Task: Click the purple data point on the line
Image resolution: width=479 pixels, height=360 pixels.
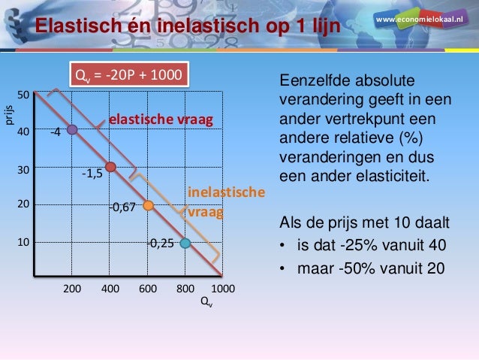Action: [72, 129]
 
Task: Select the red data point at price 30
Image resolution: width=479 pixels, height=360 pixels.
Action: [110, 167]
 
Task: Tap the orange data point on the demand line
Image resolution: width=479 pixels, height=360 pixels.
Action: [148, 205]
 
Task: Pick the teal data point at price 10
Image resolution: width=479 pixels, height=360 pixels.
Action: [185, 243]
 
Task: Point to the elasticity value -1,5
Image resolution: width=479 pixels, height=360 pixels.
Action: [92, 174]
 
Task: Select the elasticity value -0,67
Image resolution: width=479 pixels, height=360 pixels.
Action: [122, 207]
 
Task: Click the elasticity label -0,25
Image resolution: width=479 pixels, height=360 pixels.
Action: [161, 244]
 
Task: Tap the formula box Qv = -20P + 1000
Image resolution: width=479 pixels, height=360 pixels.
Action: [126, 75]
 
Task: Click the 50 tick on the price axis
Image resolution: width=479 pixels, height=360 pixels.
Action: [24, 95]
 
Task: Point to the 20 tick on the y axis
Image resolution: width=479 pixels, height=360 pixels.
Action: [24, 204]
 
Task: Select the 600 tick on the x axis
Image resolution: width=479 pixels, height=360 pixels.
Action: [147, 289]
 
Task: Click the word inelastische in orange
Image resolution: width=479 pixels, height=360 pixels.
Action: [225, 193]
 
